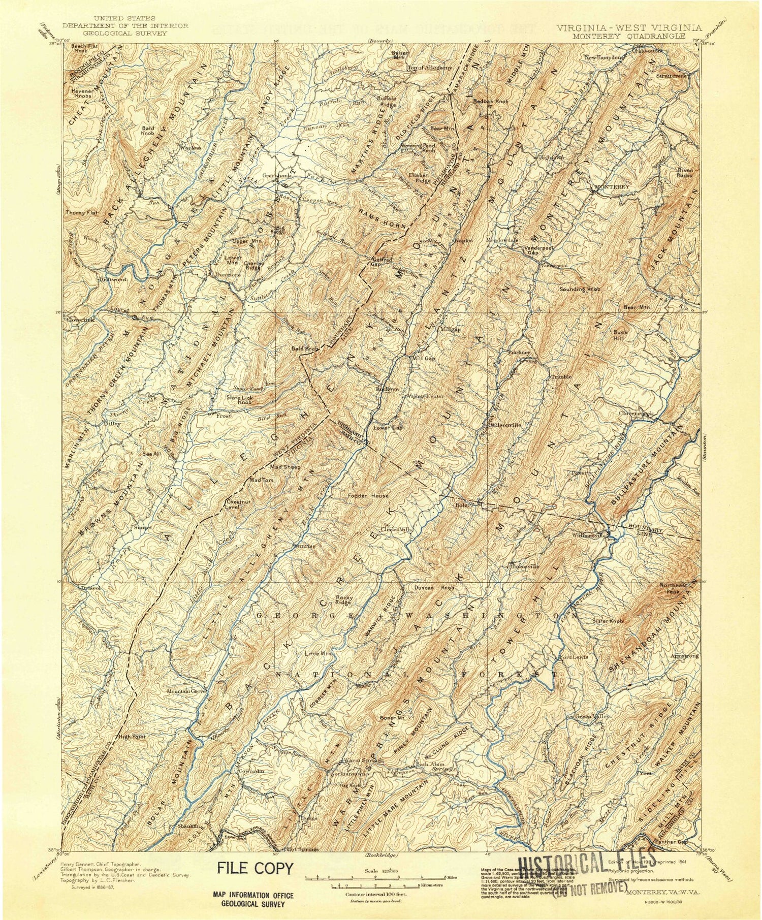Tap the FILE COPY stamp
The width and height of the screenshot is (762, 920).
[x=256, y=868]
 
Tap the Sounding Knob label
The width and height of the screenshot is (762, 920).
[x=579, y=289]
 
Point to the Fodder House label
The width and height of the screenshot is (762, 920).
[x=368, y=495]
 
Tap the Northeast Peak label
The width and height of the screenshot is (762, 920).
[x=674, y=588]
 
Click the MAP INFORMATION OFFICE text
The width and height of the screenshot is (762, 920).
[x=256, y=896]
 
